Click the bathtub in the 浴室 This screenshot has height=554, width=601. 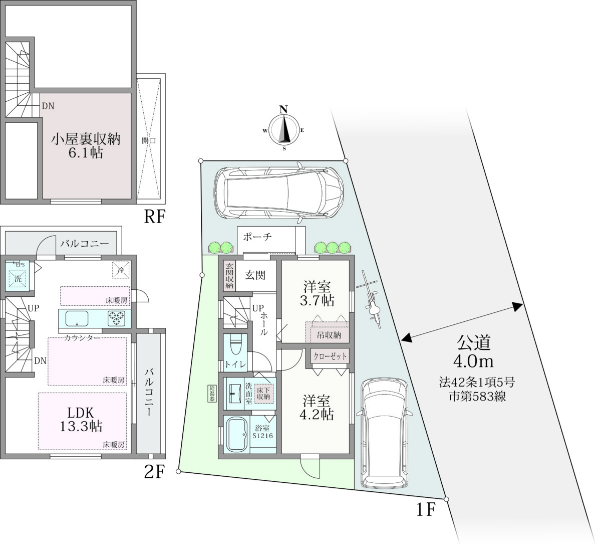236,435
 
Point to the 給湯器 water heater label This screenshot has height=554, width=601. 212,393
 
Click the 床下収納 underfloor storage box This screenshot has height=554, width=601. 263,394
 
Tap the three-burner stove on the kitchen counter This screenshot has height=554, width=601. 117,318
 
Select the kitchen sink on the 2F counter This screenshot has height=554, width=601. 77,318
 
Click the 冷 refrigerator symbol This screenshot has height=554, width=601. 121,270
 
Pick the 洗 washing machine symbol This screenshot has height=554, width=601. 18,279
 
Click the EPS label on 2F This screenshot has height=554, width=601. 20,265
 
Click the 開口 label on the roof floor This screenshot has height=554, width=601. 149,140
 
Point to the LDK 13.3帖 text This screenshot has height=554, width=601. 81,420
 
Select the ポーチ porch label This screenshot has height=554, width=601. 257,237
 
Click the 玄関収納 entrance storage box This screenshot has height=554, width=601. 229,275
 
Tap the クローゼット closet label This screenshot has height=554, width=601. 330,356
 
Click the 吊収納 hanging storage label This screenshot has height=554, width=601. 329,335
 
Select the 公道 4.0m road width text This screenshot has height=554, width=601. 474,351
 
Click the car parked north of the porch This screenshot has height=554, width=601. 278,193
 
